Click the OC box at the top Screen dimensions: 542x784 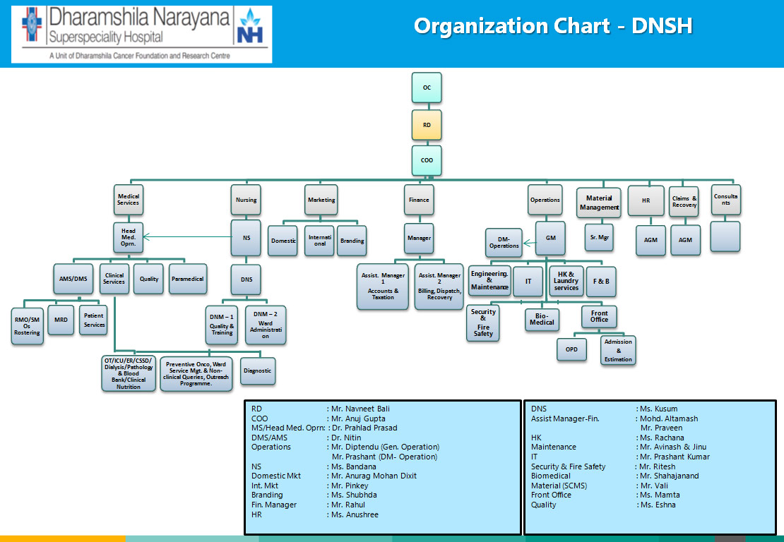click(x=427, y=88)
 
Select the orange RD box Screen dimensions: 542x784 click(x=427, y=125)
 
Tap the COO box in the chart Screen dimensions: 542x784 click(x=427, y=160)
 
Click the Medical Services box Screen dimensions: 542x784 click(x=129, y=200)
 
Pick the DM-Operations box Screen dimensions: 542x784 click(x=504, y=242)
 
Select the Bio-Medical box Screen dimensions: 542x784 click(x=542, y=319)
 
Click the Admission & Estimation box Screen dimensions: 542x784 click(x=618, y=350)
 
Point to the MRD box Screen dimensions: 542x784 click(x=61, y=320)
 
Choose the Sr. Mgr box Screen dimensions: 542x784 click(x=599, y=238)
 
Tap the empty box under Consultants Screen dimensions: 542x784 click(x=725, y=236)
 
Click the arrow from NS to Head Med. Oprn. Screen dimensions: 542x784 click(x=187, y=238)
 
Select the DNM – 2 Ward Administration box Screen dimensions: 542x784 click(x=266, y=325)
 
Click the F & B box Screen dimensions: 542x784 click(x=601, y=282)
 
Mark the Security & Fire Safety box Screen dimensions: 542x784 click(x=483, y=323)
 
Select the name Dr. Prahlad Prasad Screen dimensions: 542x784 click(x=364, y=428)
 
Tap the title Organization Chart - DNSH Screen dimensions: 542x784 click(x=552, y=27)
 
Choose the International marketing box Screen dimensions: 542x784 click(x=319, y=240)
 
